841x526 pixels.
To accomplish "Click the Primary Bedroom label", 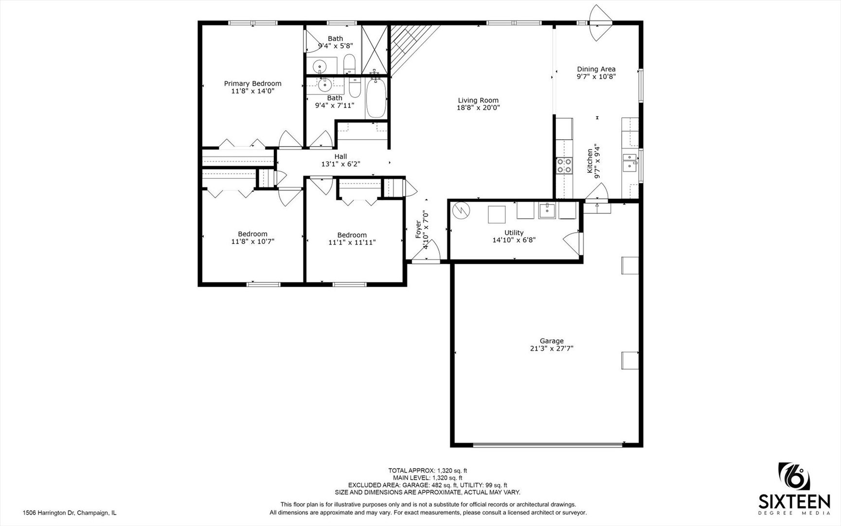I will tap(252, 83).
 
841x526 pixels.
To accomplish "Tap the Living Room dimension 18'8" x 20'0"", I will tap(478, 108).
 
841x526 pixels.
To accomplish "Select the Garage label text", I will tap(552, 341).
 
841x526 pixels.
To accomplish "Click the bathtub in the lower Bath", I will tap(376, 98).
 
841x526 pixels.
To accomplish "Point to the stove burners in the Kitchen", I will tap(564, 166).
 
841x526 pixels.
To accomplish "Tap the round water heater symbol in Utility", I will tap(461, 210).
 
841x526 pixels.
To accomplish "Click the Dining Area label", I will tap(596, 69).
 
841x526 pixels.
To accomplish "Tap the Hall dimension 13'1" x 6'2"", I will tap(340, 164).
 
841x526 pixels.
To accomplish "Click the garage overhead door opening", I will tap(547, 444).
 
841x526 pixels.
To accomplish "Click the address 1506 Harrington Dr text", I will tap(70, 513).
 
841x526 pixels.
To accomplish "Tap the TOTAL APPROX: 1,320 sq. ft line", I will tap(428, 470).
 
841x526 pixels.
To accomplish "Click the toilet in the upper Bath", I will tap(349, 63).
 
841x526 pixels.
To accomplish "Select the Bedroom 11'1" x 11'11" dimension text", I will tap(352, 242).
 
